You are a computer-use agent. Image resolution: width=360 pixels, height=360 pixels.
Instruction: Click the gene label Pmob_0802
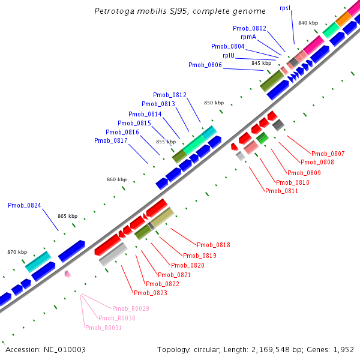click(x=250, y=28)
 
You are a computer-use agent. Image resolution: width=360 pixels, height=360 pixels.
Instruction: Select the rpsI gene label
click(x=285, y=8)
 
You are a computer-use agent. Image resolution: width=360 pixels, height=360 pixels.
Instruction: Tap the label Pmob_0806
click(x=205, y=65)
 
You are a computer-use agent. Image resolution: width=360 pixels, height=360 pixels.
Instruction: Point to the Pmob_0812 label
click(x=170, y=95)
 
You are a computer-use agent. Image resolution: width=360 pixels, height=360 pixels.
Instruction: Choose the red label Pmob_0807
click(x=328, y=154)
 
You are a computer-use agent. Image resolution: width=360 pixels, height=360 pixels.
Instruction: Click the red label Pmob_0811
click(x=281, y=191)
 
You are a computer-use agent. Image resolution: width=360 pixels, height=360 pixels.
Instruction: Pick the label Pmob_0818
click(x=214, y=245)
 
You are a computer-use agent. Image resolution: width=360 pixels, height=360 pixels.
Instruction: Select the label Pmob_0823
click(x=151, y=293)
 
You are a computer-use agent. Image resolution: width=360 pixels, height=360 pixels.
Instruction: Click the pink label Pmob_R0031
click(x=103, y=328)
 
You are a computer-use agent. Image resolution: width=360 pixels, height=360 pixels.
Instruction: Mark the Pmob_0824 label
click(x=25, y=205)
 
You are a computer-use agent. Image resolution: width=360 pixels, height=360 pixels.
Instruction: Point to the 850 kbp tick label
click(x=214, y=103)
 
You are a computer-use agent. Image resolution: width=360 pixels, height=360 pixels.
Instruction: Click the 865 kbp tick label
click(x=68, y=216)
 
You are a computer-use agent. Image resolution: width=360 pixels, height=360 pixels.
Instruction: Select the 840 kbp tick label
click(x=308, y=23)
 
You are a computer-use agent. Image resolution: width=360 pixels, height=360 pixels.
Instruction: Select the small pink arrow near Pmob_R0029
click(x=68, y=274)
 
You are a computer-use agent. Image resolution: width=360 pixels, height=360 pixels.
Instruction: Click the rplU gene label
click(x=228, y=55)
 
